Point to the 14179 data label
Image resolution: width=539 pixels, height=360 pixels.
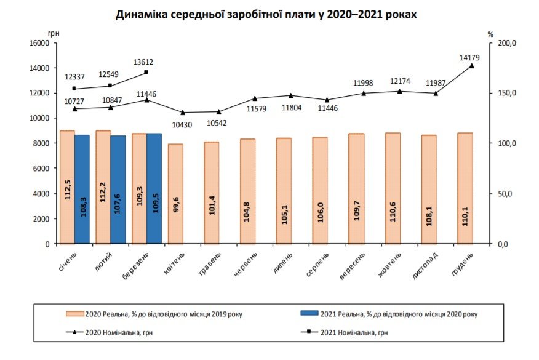click(469, 58)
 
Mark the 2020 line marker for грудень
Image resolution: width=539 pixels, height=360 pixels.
click(472, 66)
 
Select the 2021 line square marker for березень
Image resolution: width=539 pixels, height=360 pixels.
click(146, 72)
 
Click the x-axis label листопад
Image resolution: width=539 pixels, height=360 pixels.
click(424, 265)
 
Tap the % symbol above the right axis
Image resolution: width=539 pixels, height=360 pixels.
click(490, 34)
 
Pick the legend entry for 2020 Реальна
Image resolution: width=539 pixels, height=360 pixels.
click(154, 314)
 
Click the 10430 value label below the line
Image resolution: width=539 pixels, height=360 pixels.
click(182, 124)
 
